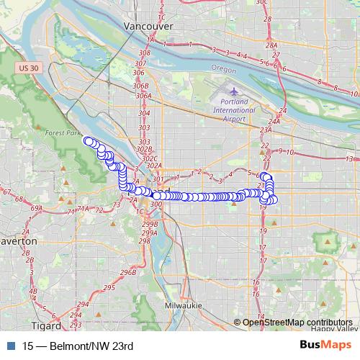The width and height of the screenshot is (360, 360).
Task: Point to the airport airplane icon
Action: click(235, 91)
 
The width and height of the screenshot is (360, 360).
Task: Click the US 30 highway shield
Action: click(27, 67)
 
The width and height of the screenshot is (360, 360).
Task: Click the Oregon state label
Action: click(224, 68)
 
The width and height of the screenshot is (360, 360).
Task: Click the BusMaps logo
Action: click(326, 345)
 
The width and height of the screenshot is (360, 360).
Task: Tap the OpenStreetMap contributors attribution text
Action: click(297, 322)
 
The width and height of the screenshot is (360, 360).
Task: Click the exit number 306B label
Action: click(140, 86)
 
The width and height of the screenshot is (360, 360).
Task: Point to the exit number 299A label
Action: click(149, 233)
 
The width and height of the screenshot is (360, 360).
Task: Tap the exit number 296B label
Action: click(128, 272)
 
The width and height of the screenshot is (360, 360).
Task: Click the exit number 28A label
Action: click(271, 45)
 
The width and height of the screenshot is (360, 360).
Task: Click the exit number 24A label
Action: click(274, 121)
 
